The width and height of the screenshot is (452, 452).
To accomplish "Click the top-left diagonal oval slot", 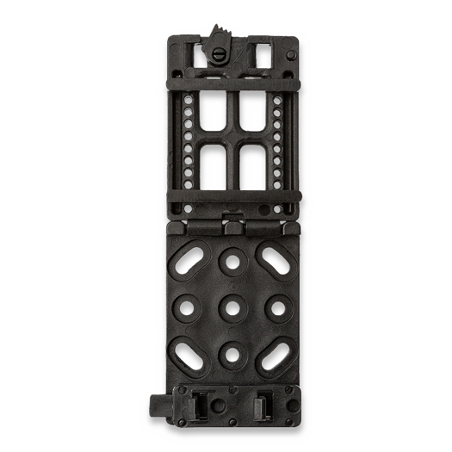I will tap(193, 257).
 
